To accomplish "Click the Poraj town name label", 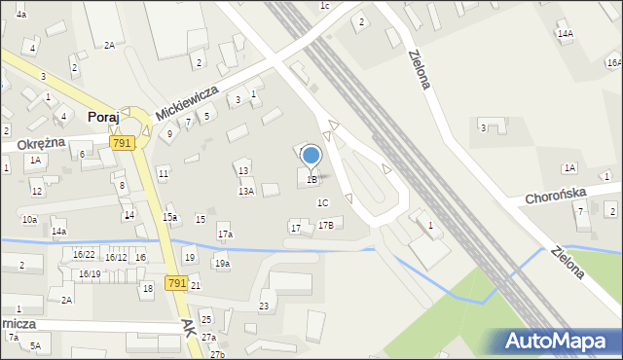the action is (103, 117).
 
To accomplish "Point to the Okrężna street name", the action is (41, 142).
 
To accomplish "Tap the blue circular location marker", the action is (311, 155).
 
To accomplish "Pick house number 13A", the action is (246, 192).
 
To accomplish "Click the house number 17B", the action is (326, 225).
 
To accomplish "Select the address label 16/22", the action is (84, 254).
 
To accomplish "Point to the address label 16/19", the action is (90, 274).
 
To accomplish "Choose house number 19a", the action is (222, 264).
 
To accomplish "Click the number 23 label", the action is (264, 306).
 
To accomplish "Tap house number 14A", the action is (565, 33).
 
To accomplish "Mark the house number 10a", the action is (30, 220).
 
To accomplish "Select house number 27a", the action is (208, 337).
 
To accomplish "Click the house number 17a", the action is (225, 234).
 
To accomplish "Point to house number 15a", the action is (170, 217).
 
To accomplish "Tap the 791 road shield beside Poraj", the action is (122, 143).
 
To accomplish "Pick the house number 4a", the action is (21, 15).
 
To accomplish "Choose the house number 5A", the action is (35, 345).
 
